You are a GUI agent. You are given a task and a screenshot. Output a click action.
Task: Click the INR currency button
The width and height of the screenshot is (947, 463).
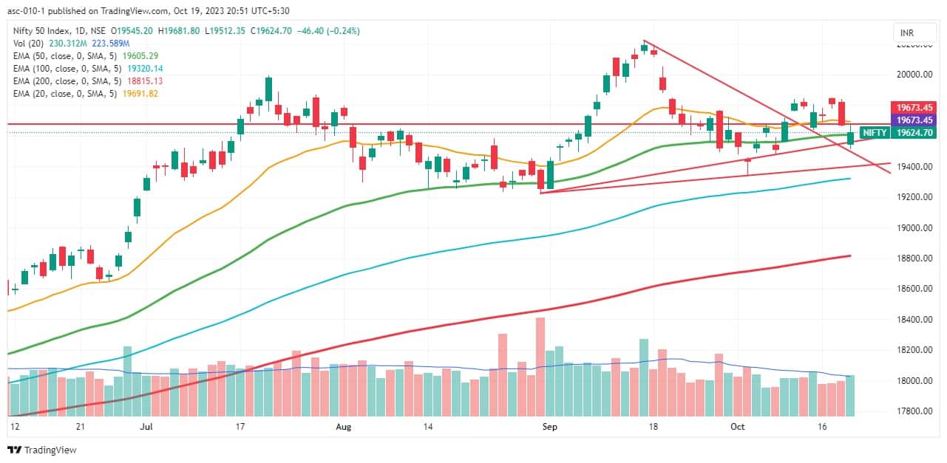pos(906,33)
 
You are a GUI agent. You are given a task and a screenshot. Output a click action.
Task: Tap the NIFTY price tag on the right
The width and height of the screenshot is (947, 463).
pos(875,133)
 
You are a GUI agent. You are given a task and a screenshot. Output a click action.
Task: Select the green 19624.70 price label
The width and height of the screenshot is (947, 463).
pos(914,133)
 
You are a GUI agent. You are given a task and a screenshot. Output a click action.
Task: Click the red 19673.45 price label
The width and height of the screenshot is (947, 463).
pos(914,108)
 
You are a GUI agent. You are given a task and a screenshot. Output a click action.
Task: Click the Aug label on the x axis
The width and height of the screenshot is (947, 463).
pos(342,426)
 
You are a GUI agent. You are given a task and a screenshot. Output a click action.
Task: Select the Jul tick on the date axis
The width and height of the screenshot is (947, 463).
pos(146,426)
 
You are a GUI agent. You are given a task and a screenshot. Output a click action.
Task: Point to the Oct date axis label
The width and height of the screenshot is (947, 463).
pos(738,426)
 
